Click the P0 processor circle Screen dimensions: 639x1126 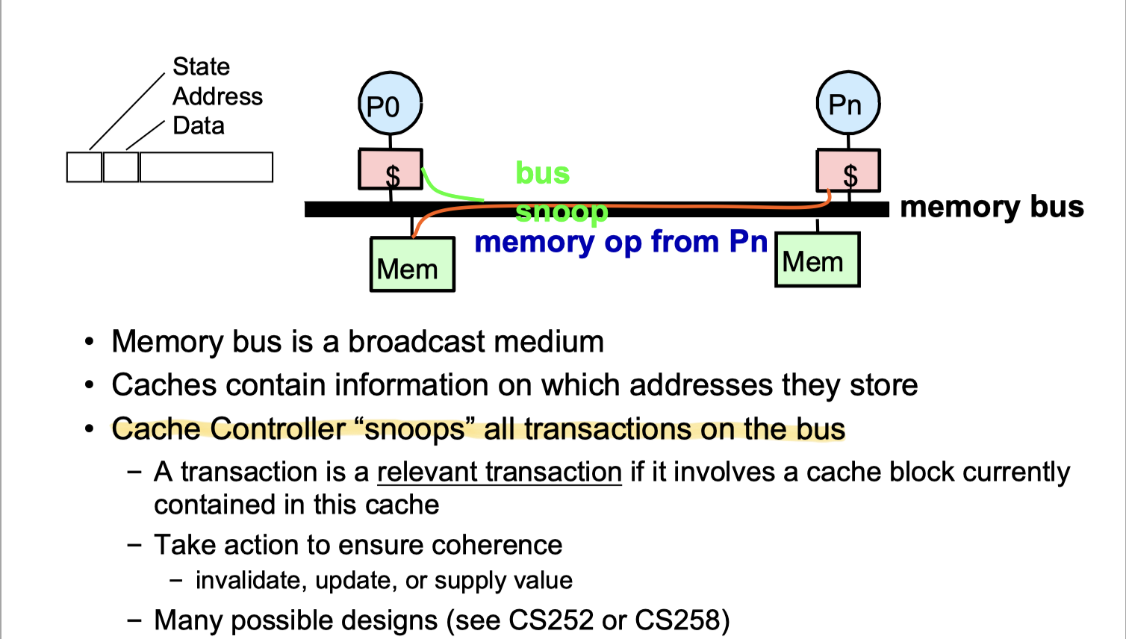pos(390,105)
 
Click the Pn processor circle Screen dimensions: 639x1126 pos(847,104)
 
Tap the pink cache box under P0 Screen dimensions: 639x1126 pos(391,169)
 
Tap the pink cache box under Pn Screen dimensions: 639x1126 pos(848,170)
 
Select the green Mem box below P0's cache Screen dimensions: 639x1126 pos(412,264)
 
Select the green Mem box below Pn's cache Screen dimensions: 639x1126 pos(818,260)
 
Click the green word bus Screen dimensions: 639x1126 pos(542,173)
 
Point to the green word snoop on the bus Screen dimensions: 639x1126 pos(562,212)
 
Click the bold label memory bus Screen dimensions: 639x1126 pos(991,207)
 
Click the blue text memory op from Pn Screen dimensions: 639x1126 pos(620,242)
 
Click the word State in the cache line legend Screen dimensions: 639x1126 pos(201,66)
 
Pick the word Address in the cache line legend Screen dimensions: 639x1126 pos(217,96)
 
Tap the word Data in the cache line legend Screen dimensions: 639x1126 pos(198,125)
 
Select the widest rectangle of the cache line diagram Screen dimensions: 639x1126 pos(206,167)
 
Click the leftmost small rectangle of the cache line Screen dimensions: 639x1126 pos(84,167)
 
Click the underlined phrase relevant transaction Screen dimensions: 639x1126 pos(499,473)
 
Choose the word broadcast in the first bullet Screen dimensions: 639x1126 pos(417,342)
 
